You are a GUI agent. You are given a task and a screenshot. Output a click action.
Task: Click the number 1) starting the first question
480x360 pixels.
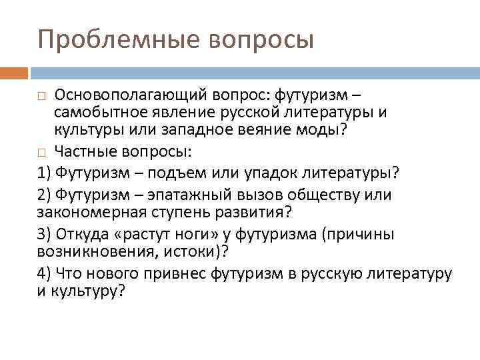(45, 173)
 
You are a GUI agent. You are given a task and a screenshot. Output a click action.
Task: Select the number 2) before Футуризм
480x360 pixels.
(45, 195)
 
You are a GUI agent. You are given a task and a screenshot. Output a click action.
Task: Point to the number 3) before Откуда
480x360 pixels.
(45, 234)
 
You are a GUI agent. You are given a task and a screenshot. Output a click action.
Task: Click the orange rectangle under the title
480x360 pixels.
(14, 71)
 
